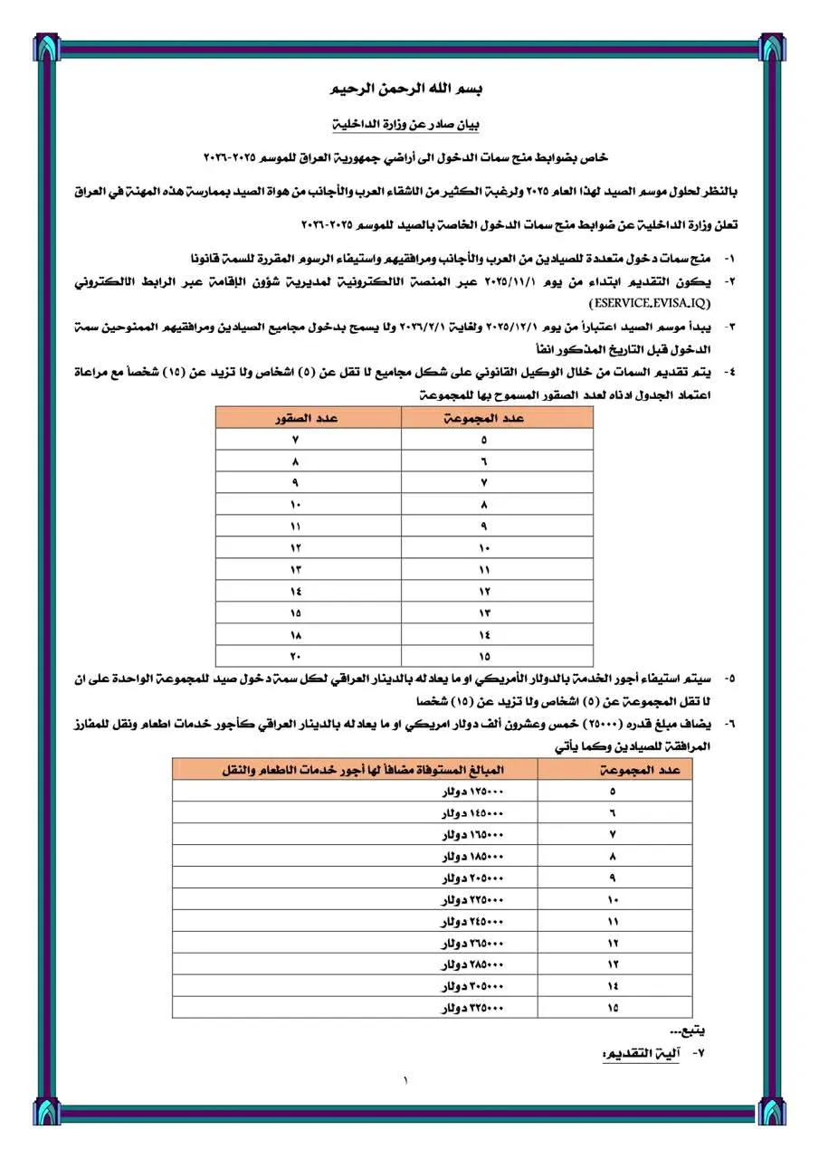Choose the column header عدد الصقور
click(x=307, y=417)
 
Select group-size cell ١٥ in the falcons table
click(x=485, y=656)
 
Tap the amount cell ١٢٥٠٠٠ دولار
click(x=471, y=791)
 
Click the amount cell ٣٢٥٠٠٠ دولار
click(x=471, y=1007)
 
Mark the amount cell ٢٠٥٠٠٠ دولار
click(x=471, y=878)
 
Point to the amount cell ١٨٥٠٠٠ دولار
click(x=471, y=856)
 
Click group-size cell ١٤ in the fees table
click(x=614, y=985)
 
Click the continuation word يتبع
click(x=688, y=1030)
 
